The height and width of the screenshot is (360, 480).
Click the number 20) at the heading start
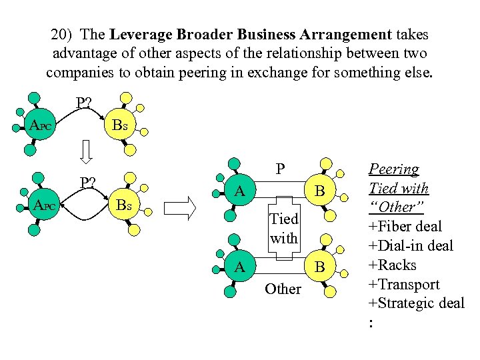point(62,34)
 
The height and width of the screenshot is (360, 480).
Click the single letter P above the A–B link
point(281,169)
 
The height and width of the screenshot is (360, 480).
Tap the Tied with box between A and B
point(283,228)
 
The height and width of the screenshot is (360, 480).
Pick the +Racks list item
point(393,265)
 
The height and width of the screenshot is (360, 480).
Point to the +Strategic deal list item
point(416,303)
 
